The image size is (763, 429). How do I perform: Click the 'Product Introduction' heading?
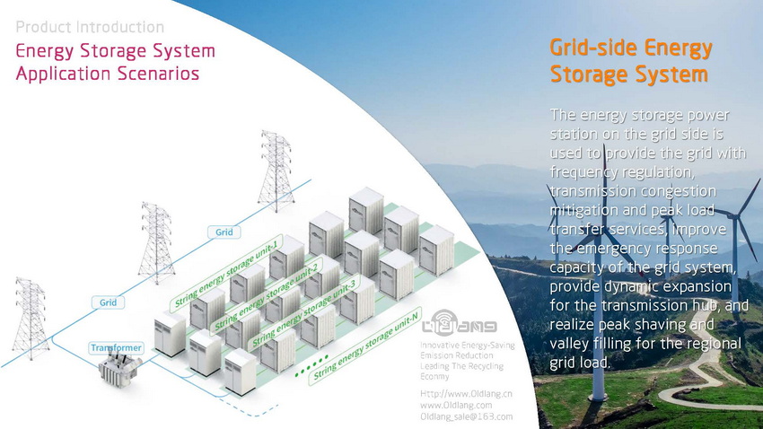click(90, 27)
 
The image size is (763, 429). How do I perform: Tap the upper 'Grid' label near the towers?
click(224, 232)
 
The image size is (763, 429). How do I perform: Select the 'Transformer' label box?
click(117, 346)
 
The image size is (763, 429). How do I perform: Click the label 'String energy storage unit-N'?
click(364, 345)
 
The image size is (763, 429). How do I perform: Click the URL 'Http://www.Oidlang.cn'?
click(466, 393)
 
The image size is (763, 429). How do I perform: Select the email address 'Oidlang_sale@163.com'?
click(466, 416)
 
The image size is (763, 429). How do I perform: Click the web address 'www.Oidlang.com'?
click(455, 405)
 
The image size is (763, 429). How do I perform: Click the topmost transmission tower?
click(276, 171)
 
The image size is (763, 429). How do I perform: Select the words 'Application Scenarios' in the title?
click(107, 73)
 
